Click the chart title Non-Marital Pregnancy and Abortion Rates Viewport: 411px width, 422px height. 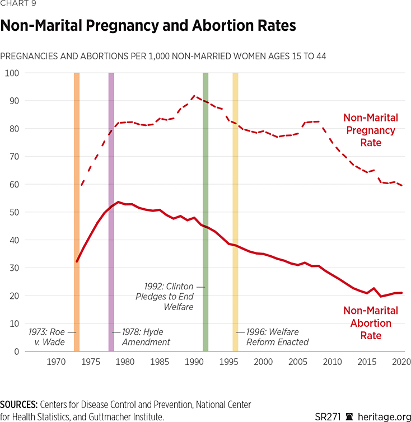(x=148, y=26)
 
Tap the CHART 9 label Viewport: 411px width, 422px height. (x=18, y=4)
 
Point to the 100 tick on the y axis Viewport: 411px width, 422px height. (x=12, y=73)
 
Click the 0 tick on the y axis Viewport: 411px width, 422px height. (x=16, y=351)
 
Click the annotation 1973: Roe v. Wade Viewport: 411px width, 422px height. (x=47, y=337)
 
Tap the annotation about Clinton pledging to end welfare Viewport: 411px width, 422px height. (x=164, y=297)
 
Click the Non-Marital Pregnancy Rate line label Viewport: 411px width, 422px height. (x=370, y=130)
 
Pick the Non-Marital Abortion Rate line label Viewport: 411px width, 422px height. (x=370, y=323)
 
